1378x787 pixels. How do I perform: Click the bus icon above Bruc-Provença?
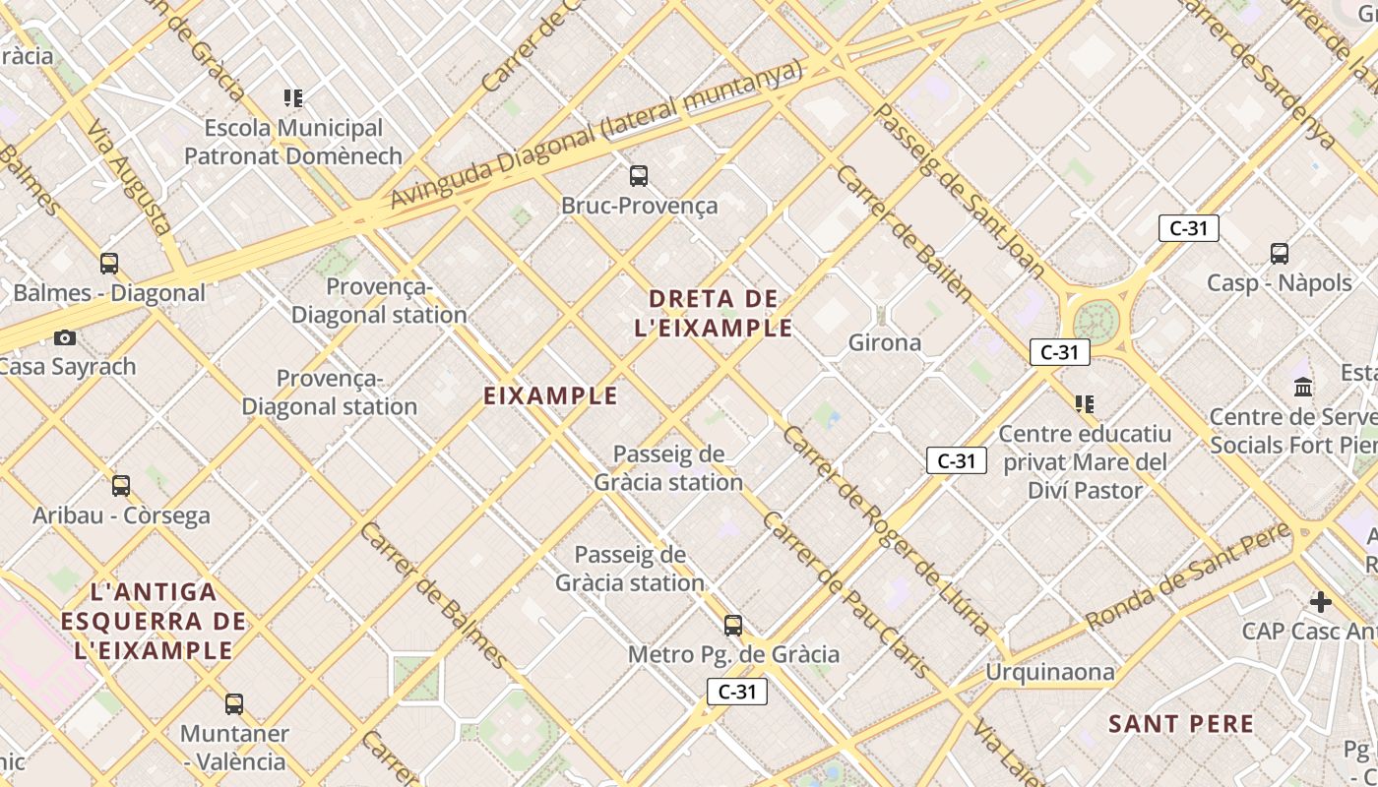tap(639, 176)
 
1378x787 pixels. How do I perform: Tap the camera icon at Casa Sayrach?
tap(65, 337)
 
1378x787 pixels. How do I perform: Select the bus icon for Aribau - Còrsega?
tap(121, 486)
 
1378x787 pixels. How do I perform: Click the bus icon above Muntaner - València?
tap(234, 704)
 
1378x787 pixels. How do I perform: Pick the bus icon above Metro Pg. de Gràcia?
tap(733, 626)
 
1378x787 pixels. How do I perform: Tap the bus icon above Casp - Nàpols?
tap(1280, 254)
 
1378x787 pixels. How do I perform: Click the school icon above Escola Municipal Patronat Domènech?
tap(293, 98)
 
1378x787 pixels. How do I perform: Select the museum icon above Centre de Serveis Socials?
tap(1304, 387)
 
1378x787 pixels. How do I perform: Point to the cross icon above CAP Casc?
tap(1321, 601)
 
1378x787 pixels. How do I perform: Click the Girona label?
tap(885, 342)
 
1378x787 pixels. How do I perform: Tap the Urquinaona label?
tap(1050, 673)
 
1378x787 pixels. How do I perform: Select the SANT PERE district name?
tap(1181, 725)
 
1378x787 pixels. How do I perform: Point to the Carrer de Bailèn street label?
tap(905, 234)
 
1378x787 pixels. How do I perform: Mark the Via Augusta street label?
tap(130, 177)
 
